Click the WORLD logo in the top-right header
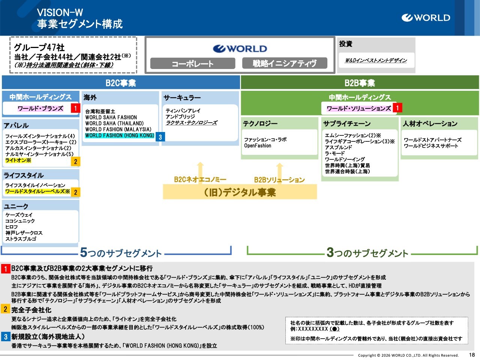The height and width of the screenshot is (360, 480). point(426,18)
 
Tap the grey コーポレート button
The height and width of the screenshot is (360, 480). point(192,63)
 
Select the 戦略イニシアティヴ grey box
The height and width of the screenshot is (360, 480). point(284,63)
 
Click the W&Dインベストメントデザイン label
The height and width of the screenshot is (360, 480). point(376,60)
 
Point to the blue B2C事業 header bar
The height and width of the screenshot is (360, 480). point(121,83)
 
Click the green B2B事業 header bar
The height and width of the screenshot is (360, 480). point(360,83)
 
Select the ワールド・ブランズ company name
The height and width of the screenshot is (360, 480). point(40,108)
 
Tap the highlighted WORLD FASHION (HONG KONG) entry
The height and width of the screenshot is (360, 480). point(120,135)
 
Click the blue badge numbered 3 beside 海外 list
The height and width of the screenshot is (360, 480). point(160,137)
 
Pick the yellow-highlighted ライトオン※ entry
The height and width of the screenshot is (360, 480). point(18,160)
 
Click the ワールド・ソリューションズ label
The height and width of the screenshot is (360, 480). point(358,108)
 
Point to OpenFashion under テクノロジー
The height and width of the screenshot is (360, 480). point(258,145)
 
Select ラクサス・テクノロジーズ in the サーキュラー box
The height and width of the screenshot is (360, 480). point(191,123)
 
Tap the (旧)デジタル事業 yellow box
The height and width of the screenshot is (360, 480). point(240,192)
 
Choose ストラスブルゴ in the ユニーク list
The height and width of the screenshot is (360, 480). point(21,239)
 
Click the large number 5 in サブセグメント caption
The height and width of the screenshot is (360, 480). point(84,252)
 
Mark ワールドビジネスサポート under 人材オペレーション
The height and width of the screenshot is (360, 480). point(431,146)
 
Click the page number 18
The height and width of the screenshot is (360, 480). point(472,355)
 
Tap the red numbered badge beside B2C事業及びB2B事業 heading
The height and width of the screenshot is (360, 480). point(6,268)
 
